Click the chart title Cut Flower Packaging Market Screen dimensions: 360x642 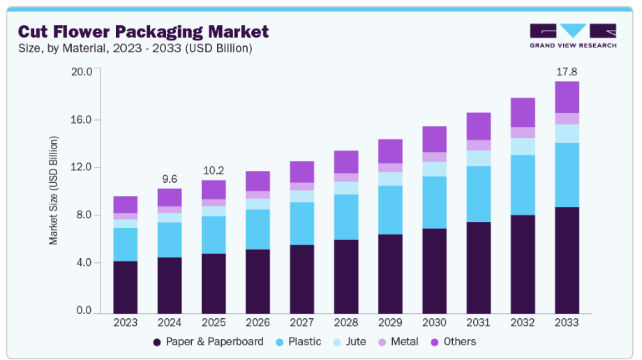(143, 31)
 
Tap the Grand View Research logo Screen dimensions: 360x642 (573, 36)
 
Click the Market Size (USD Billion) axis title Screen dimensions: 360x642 (54, 190)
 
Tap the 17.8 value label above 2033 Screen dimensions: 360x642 (566, 72)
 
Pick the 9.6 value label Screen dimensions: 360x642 (169, 179)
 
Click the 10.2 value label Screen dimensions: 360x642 (214, 171)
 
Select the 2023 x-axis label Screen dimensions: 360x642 (125, 323)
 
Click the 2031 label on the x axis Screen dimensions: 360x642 (478, 323)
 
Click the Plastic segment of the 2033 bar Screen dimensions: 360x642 (567, 175)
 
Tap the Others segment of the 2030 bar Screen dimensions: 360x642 (434, 140)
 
